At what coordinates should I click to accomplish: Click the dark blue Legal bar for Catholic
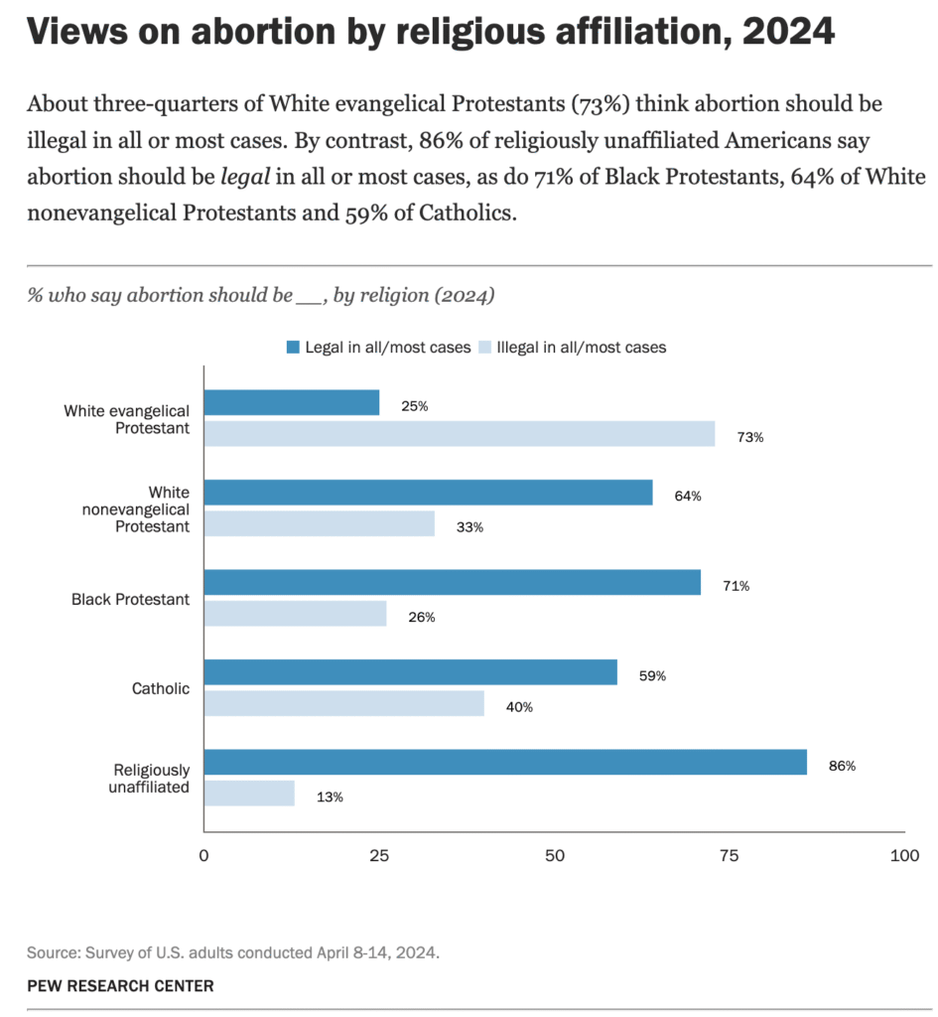click(410, 672)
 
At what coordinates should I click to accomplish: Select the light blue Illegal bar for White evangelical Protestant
click(459, 434)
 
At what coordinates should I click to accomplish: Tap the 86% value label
click(842, 766)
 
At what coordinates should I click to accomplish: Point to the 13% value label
click(330, 797)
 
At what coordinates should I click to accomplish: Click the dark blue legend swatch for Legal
click(294, 348)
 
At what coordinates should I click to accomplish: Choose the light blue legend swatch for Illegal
click(484, 348)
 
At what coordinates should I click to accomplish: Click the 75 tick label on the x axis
click(730, 855)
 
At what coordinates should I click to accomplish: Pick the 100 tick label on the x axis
click(904, 855)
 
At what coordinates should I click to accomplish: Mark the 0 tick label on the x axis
click(203, 855)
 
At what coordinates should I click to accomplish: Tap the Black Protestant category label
click(130, 599)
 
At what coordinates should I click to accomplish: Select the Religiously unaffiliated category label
click(148, 779)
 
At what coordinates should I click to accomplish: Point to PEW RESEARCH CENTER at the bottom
click(119, 986)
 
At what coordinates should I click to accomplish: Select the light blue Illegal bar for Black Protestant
click(295, 614)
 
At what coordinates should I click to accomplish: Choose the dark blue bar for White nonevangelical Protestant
click(428, 493)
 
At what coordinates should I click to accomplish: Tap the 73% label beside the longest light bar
click(750, 437)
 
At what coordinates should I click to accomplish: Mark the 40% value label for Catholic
click(519, 707)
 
